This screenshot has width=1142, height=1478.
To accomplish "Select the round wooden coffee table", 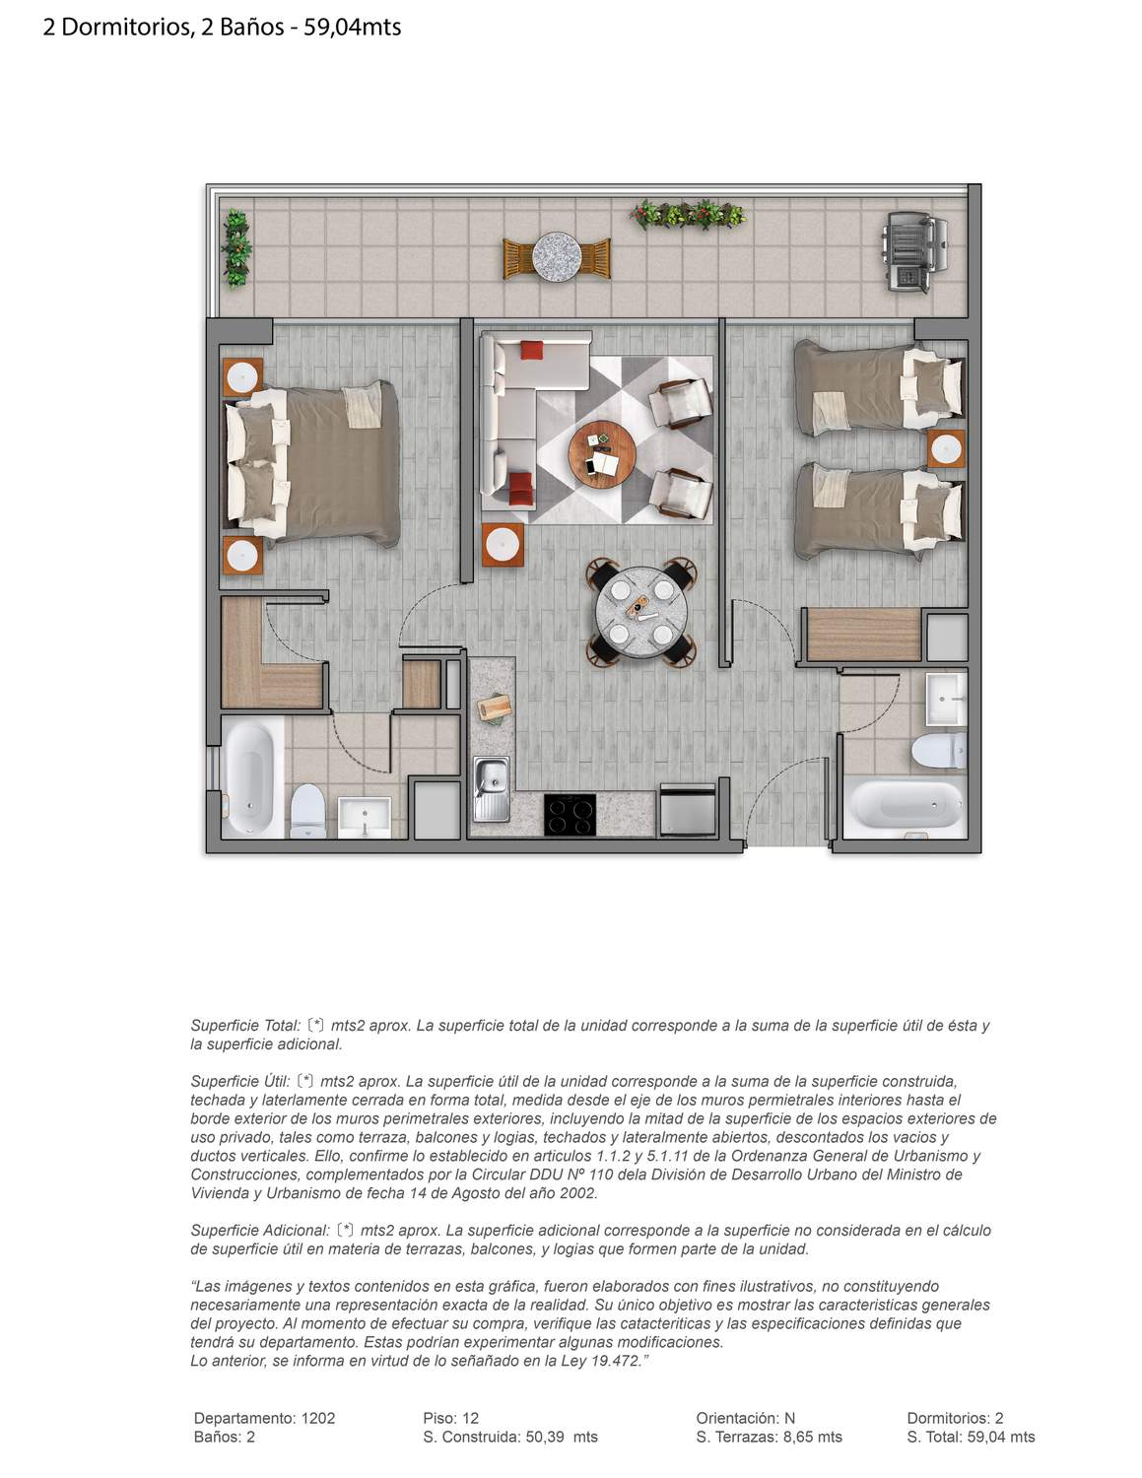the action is pos(602,454).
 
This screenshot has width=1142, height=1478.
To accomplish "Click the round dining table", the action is pos(641,613).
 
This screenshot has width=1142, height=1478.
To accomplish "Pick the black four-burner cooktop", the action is pos(570,814).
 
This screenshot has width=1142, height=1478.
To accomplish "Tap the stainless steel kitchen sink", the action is pos(492,789).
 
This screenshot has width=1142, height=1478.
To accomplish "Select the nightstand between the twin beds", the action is pos(946,448).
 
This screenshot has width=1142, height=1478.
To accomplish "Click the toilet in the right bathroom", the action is pos(939,750).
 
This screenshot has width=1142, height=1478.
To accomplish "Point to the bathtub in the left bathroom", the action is pos(251,777).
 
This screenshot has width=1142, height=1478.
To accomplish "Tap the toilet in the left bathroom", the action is pos(308,812).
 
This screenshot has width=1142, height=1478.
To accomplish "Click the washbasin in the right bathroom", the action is pos(946,699).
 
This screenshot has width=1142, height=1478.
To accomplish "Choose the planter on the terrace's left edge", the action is pos(236,248).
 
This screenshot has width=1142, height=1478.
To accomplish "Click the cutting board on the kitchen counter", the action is pos(495,708).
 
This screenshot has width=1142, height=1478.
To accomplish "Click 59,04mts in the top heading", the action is pos(352,28).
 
